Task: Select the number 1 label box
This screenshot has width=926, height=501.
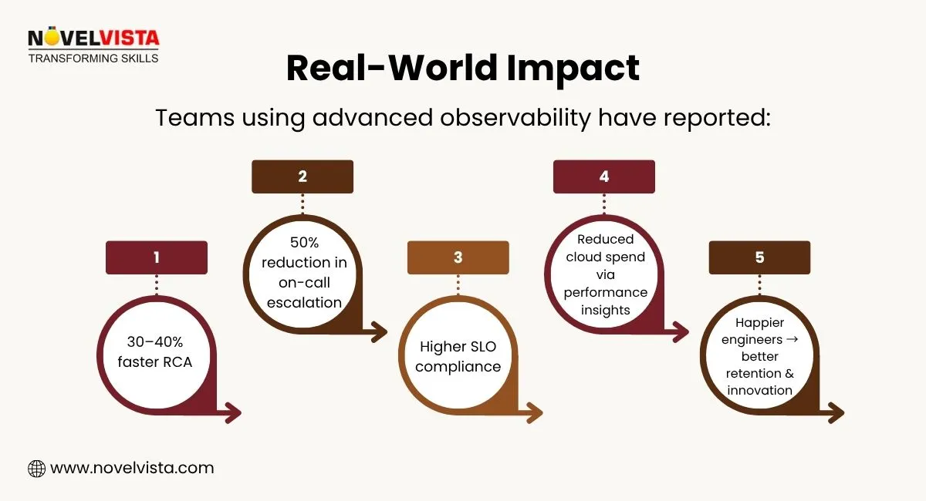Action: (157, 257)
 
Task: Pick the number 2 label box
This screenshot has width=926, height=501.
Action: (302, 177)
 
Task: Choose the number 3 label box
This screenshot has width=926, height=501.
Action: (458, 257)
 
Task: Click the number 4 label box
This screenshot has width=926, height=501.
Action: (604, 177)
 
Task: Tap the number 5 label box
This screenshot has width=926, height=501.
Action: (760, 257)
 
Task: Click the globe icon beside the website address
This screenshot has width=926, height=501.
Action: (36, 468)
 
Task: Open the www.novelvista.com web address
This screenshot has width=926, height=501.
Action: (131, 468)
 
